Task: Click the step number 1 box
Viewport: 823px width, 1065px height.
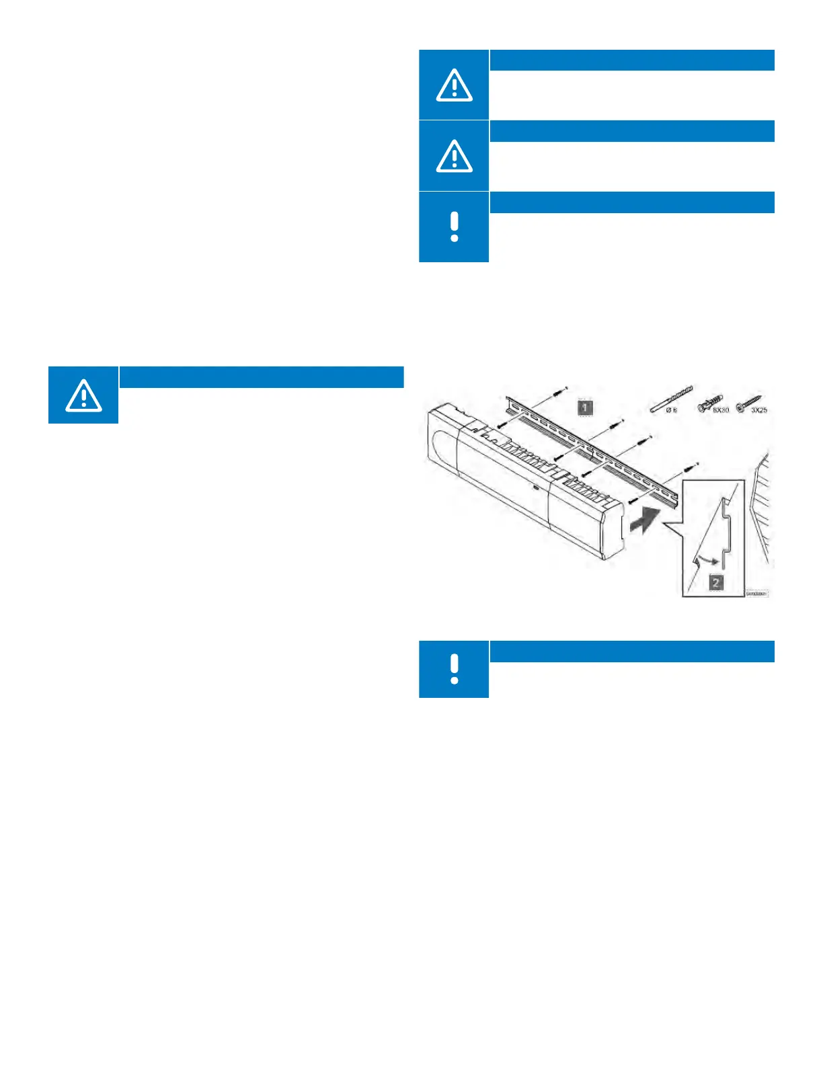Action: (x=585, y=407)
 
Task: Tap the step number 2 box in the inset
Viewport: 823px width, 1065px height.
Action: (x=716, y=582)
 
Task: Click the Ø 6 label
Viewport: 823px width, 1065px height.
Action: (x=671, y=410)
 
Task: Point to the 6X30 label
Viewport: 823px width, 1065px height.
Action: (x=720, y=410)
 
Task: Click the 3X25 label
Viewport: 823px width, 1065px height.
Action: (x=759, y=410)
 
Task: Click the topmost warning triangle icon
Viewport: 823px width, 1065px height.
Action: (x=454, y=85)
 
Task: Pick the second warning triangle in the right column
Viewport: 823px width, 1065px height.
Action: (x=454, y=157)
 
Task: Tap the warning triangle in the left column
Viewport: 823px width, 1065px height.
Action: (x=83, y=395)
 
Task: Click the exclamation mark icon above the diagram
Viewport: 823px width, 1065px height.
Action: (x=454, y=227)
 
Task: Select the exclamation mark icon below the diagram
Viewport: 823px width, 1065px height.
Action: (x=454, y=670)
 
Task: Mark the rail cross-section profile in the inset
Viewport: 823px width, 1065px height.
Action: (x=727, y=531)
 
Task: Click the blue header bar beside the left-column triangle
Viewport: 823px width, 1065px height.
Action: (x=261, y=377)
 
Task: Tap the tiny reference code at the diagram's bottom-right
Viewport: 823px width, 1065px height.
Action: (x=756, y=594)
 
